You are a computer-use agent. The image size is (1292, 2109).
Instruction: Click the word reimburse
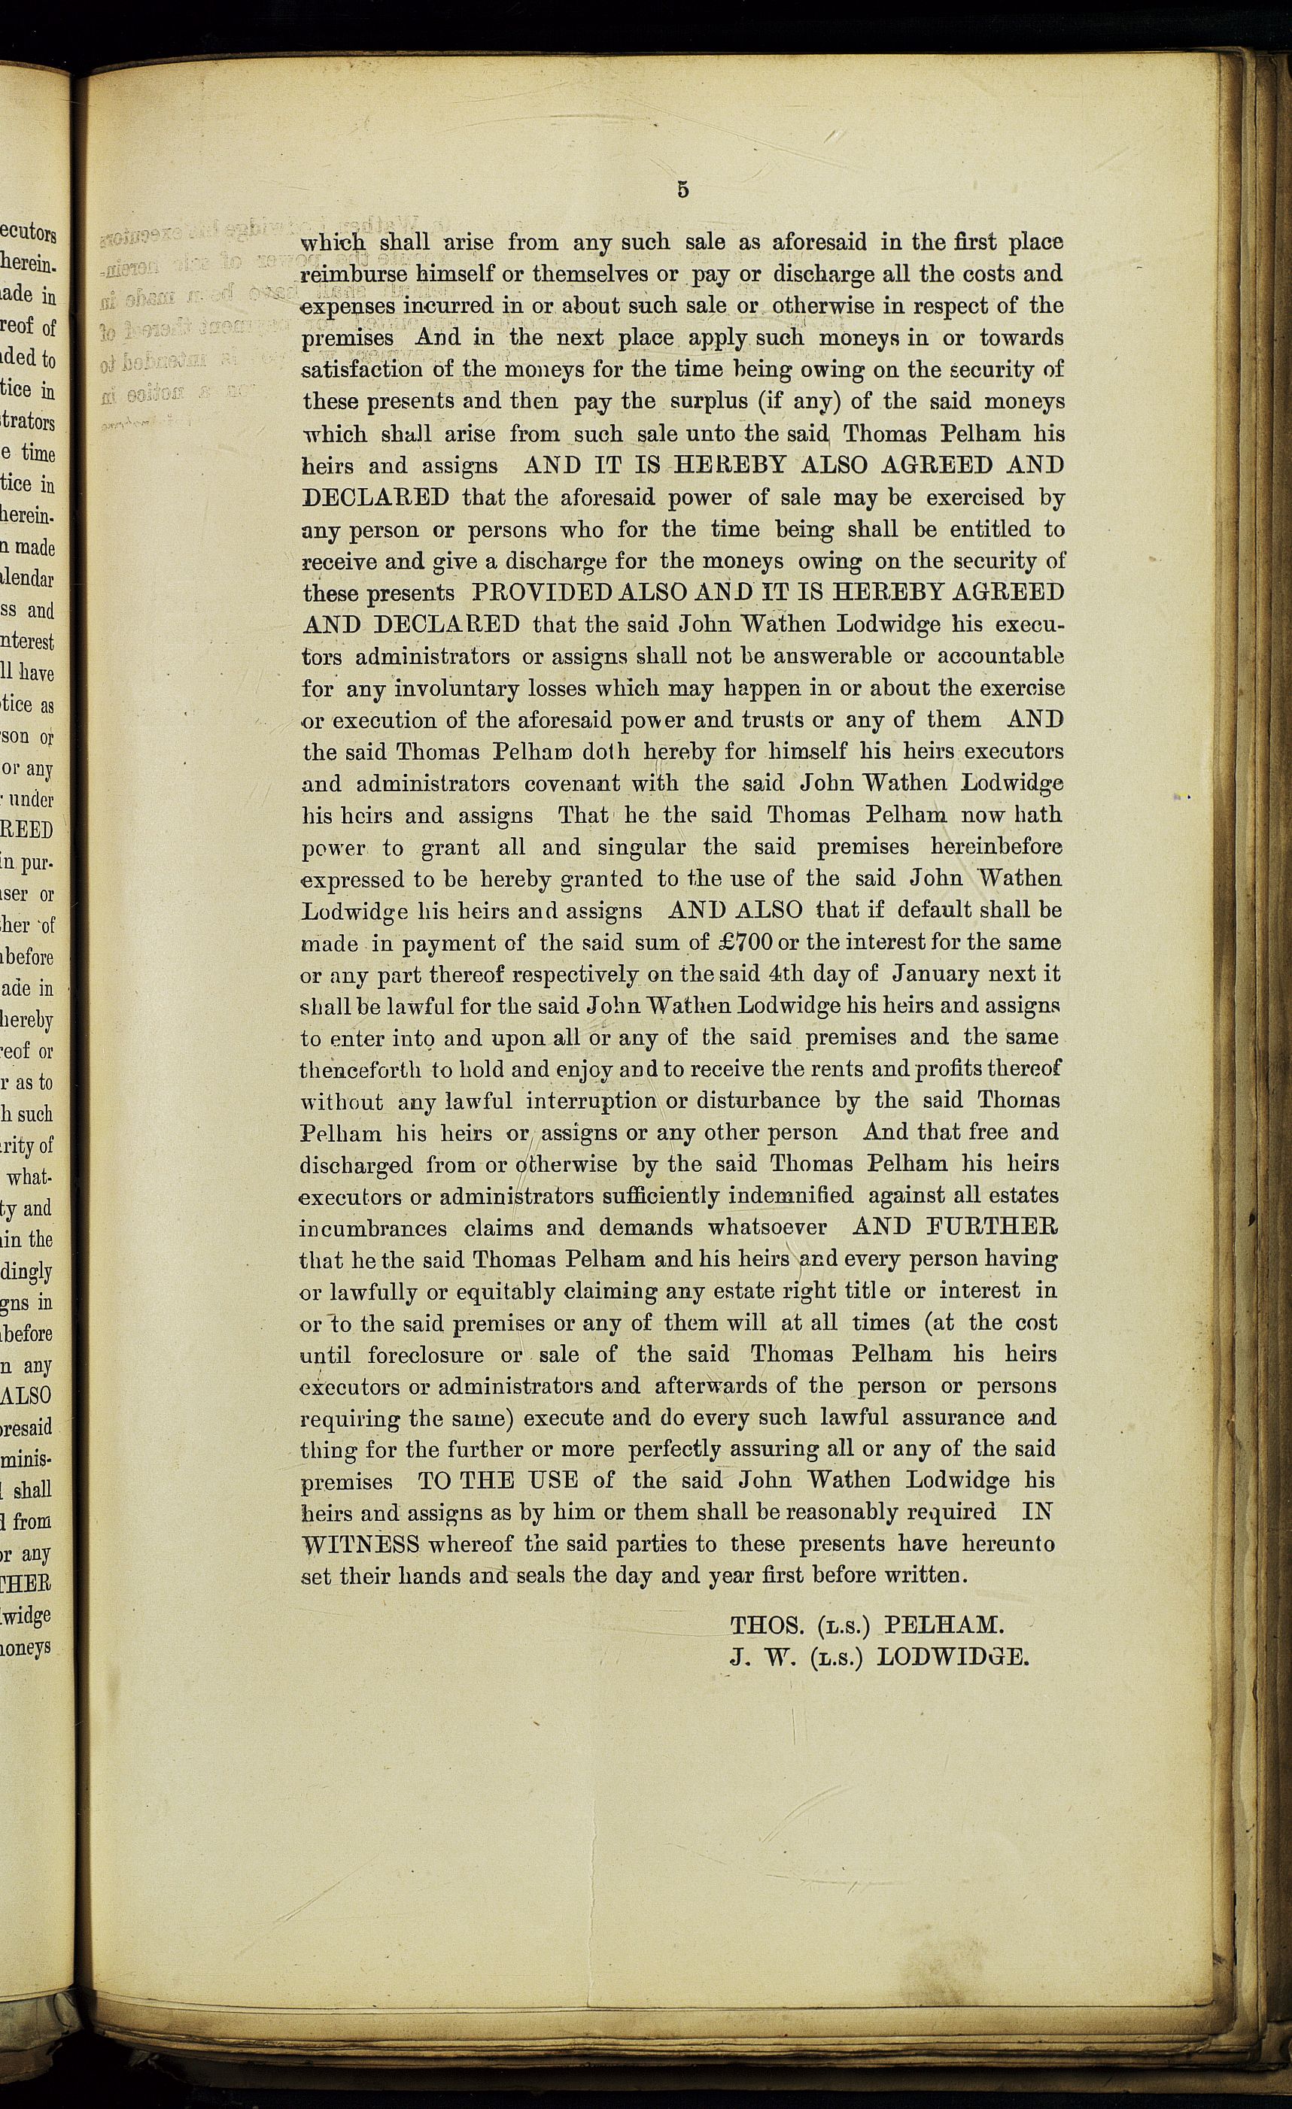point(354,275)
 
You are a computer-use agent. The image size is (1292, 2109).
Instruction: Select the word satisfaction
point(362,370)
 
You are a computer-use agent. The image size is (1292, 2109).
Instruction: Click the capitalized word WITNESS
point(360,1544)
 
